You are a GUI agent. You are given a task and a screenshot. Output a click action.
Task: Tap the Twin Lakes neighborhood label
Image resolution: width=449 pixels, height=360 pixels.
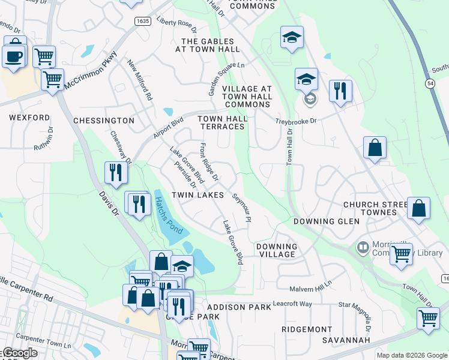click(x=197, y=196)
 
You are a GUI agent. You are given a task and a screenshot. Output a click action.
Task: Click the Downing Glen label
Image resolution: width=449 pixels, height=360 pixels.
click(x=326, y=221)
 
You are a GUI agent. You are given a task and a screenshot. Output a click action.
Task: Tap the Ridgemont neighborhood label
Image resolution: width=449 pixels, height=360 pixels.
click(x=307, y=329)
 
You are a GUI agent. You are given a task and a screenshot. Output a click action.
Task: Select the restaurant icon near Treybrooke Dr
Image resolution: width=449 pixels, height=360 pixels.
click(x=340, y=91)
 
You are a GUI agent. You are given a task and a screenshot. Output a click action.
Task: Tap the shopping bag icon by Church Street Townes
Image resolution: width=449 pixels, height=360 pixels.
click(x=419, y=208)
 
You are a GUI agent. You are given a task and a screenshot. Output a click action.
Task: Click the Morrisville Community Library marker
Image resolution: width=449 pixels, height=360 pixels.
click(x=363, y=247)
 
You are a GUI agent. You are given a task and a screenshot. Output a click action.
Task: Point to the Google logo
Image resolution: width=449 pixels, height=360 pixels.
click(x=19, y=353)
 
